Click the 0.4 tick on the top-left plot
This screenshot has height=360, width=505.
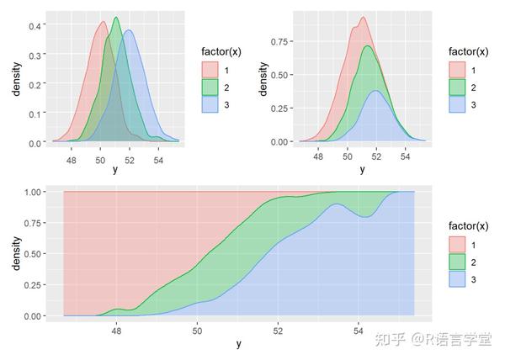point(36,26)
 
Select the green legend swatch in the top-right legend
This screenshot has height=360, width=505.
point(457,87)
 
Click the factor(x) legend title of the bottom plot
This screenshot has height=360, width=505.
point(468,225)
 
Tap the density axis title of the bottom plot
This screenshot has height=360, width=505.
point(14,254)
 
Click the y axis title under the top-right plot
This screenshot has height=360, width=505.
point(363,169)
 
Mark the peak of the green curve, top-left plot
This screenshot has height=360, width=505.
point(115,18)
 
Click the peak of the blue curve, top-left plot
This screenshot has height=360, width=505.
point(129,31)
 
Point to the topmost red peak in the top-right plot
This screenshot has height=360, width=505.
point(363,17)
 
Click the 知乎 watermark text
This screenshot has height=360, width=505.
point(391,339)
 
